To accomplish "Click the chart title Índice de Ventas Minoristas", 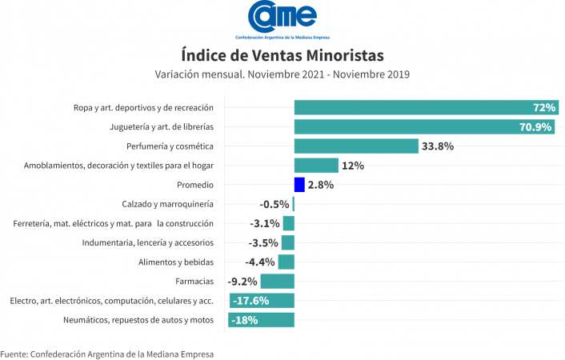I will [282, 55].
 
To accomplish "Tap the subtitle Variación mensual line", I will [282, 74].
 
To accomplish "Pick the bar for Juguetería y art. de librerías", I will [424, 126].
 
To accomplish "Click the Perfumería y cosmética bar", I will [356, 146].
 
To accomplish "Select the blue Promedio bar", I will [299, 185].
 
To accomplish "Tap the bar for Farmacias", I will [278, 282].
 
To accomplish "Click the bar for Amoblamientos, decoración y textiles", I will [316, 166].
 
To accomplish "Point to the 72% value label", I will [544, 107].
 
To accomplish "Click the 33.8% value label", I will [439, 146].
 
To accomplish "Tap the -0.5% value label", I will [274, 204].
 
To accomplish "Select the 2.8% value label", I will [320, 185].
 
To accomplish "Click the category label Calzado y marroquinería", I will [167, 204].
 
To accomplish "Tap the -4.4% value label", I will [261, 262].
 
